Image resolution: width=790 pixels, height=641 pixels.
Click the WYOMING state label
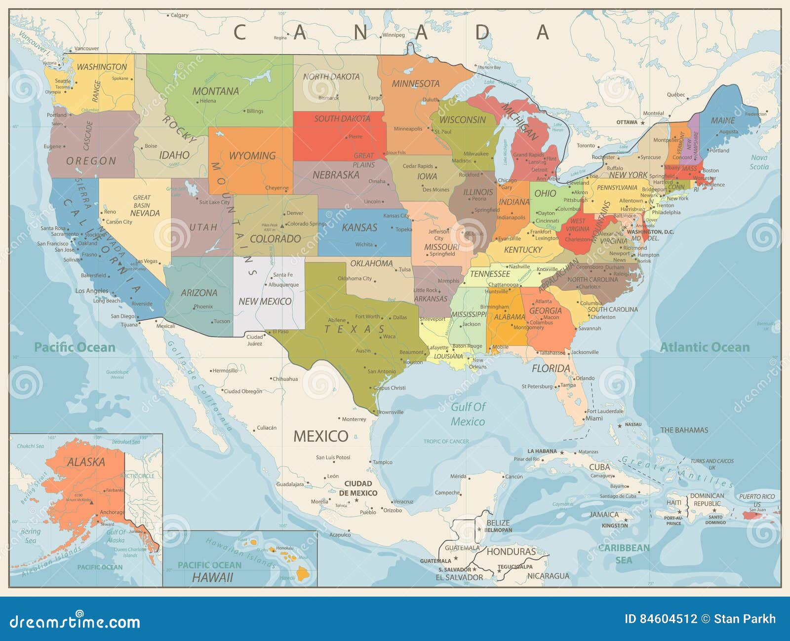(252, 156)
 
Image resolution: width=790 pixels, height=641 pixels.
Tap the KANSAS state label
(359, 227)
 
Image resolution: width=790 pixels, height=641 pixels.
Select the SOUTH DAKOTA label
(342, 119)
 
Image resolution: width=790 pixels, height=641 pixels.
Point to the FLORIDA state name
(551, 369)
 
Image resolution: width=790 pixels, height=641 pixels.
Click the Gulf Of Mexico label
(468, 414)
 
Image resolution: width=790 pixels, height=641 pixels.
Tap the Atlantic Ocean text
(705, 347)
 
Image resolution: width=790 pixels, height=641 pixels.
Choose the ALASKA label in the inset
(86, 462)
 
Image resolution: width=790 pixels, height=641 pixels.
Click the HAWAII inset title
(212, 577)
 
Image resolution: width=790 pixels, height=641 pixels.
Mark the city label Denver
(295, 213)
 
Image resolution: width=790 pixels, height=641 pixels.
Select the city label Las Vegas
(147, 261)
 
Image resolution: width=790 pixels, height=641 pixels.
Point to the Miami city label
(594, 418)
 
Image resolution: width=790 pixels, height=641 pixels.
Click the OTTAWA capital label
(627, 122)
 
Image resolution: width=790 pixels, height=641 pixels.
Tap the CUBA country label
(599, 467)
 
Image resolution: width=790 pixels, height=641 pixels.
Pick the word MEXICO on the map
(321, 436)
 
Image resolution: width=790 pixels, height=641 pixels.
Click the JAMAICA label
(604, 515)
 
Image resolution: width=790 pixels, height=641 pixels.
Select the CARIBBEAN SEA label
(624, 554)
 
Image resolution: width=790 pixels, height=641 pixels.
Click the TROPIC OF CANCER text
(446, 442)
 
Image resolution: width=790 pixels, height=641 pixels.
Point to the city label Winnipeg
(394, 35)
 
